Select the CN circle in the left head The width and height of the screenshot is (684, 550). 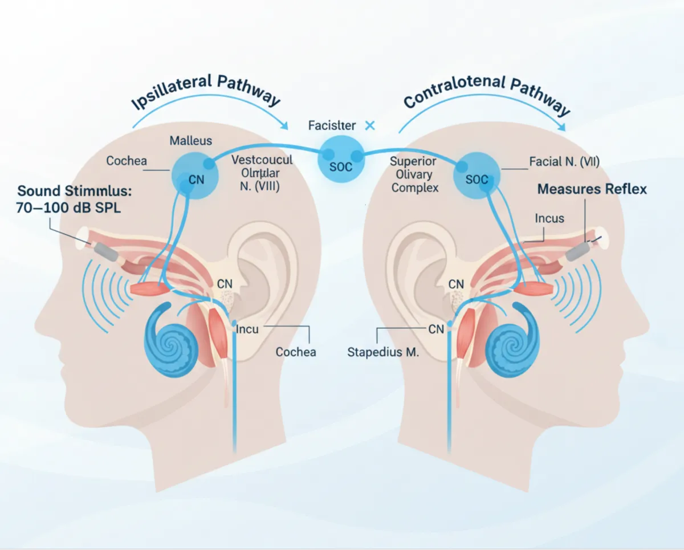click(195, 174)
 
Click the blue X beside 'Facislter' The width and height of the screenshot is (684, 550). click(369, 125)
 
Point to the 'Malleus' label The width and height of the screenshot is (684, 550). click(190, 141)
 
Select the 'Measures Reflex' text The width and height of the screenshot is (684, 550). click(592, 189)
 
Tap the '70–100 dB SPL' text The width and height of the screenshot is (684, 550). click(69, 208)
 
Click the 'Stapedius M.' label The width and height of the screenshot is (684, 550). click(383, 353)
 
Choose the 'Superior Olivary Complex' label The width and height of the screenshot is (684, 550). click(414, 174)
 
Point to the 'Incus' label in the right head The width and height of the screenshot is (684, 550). click(549, 218)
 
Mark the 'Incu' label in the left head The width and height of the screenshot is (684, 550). click(247, 329)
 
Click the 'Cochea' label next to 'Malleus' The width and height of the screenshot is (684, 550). click(127, 161)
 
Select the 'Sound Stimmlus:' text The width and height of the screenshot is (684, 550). click(73, 190)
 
